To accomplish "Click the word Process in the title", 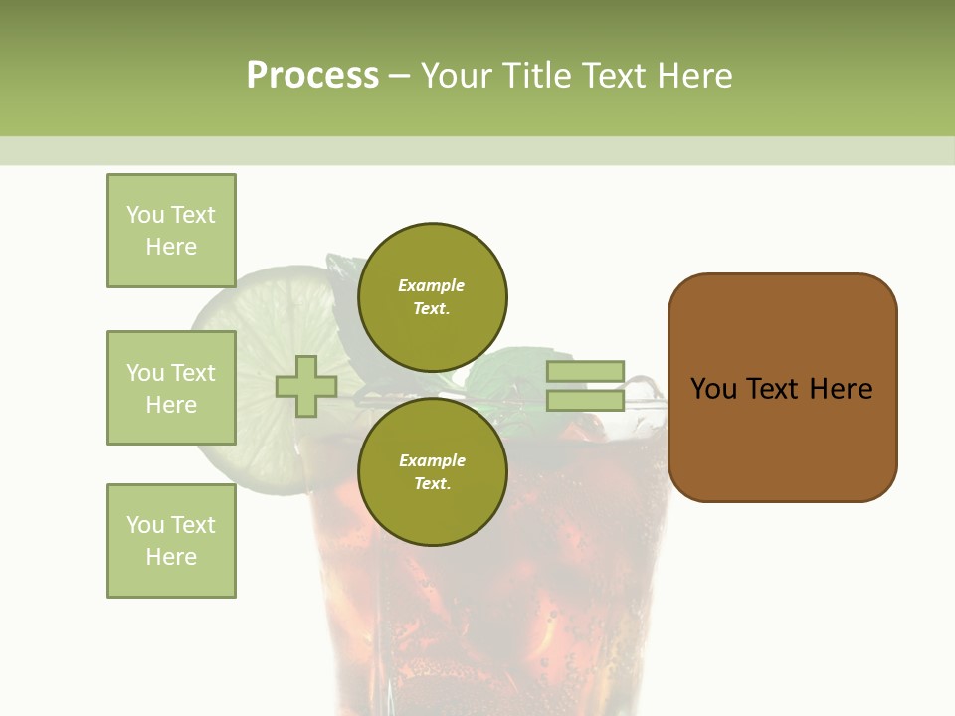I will (312, 76).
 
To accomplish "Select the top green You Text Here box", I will (171, 231).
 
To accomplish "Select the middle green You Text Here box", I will (171, 388).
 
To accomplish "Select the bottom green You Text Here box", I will (171, 540).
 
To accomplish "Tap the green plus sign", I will (306, 386).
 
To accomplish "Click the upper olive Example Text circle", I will (432, 296).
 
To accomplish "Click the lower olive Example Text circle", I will (432, 471).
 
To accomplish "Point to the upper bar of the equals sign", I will (585, 371).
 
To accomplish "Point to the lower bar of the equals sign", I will (585, 400).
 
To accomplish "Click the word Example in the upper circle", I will (431, 285).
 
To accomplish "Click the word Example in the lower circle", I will (432, 460).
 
